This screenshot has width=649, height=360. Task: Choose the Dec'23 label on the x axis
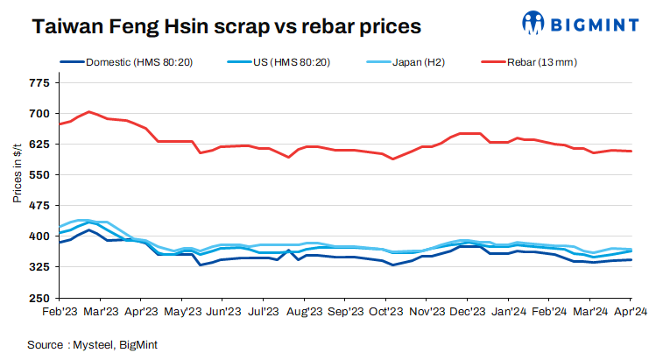tap(469, 311)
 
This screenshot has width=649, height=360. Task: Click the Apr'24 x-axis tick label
tap(629, 311)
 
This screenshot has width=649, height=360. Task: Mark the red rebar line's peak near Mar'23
tap(90, 112)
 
